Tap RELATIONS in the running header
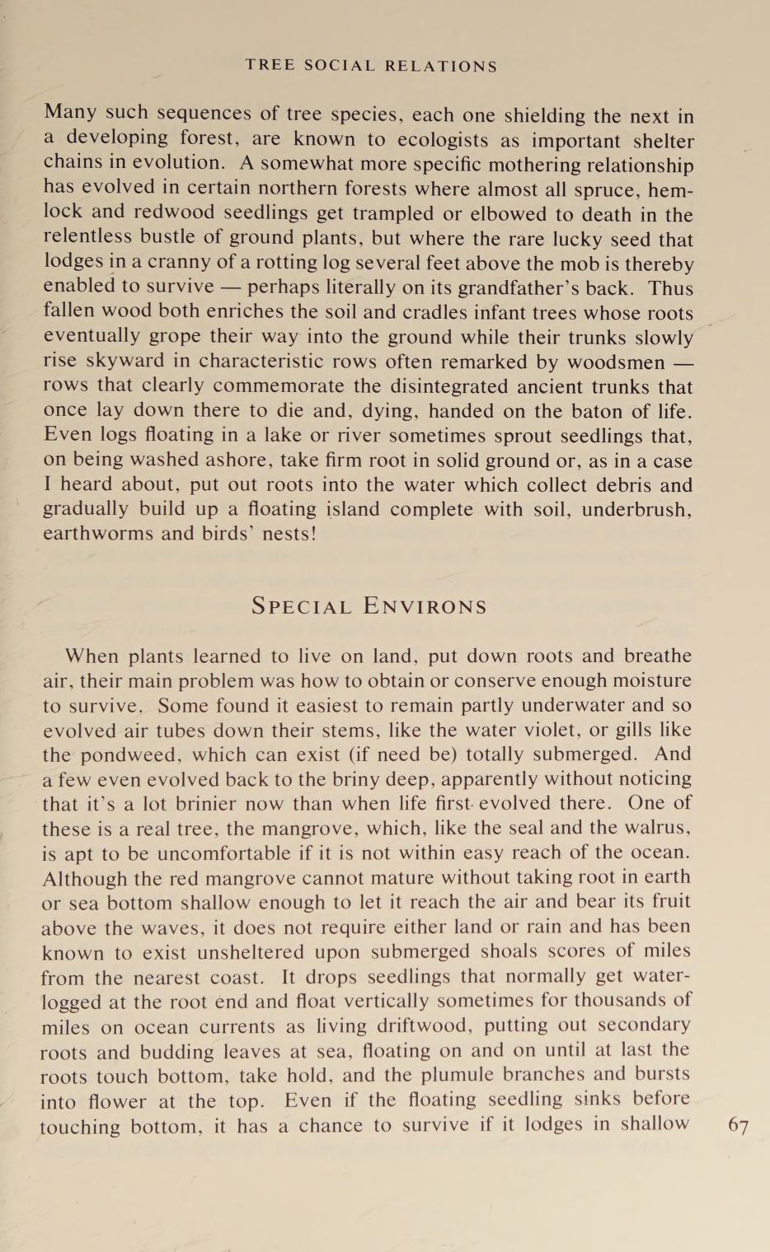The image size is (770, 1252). point(442,67)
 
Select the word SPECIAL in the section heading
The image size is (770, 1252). point(302,607)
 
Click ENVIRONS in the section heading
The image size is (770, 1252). point(425,607)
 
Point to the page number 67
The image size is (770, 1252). point(739,1127)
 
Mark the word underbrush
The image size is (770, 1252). point(636,510)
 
